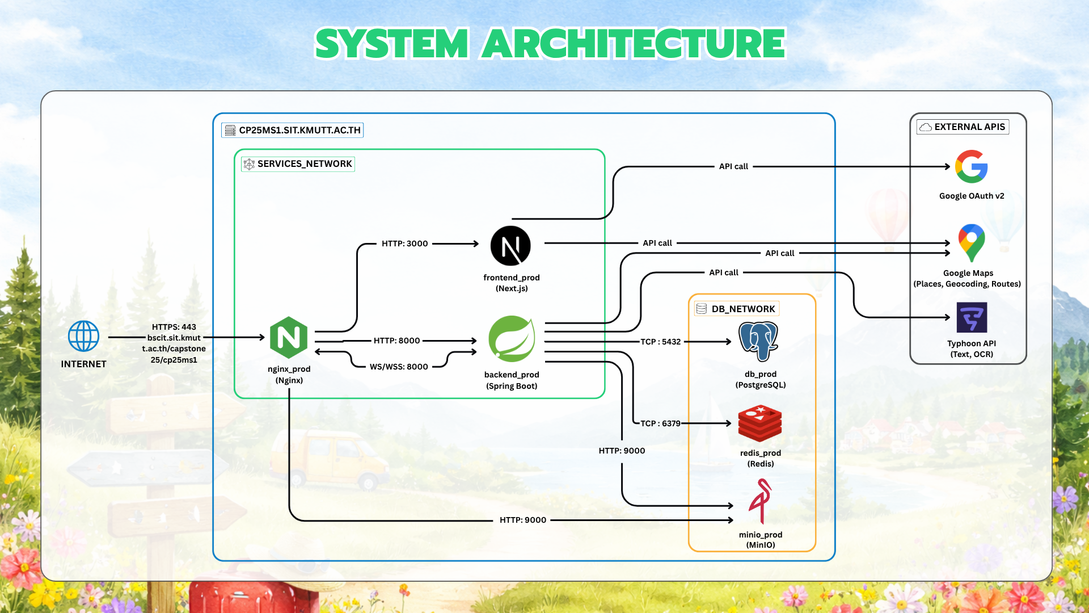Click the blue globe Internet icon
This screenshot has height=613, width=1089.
click(x=83, y=336)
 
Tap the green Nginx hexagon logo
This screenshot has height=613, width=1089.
click(x=289, y=338)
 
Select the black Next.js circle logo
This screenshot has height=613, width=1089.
click(x=510, y=246)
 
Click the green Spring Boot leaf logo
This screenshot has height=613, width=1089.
click(x=512, y=339)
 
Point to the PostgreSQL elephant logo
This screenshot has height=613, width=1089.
click(x=759, y=341)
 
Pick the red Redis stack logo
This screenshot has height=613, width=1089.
click(x=760, y=423)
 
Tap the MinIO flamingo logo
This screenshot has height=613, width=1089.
click(x=760, y=501)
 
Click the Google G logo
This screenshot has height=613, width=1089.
click(x=972, y=166)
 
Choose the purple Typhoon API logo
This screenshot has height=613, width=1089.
click(x=972, y=317)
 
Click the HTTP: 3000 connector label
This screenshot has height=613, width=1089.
click(x=404, y=243)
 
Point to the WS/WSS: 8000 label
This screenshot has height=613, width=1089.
click(x=399, y=367)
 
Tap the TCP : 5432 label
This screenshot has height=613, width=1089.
click(x=660, y=342)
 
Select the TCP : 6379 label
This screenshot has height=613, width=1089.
click(x=660, y=423)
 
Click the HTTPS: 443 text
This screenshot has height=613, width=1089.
click(x=174, y=327)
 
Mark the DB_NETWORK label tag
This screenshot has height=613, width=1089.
click(x=737, y=309)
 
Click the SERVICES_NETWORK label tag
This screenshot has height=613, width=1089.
click(x=298, y=164)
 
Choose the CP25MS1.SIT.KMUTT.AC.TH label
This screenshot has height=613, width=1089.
click(x=293, y=131)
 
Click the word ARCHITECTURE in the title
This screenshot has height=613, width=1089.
click(x=634, y=44)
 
